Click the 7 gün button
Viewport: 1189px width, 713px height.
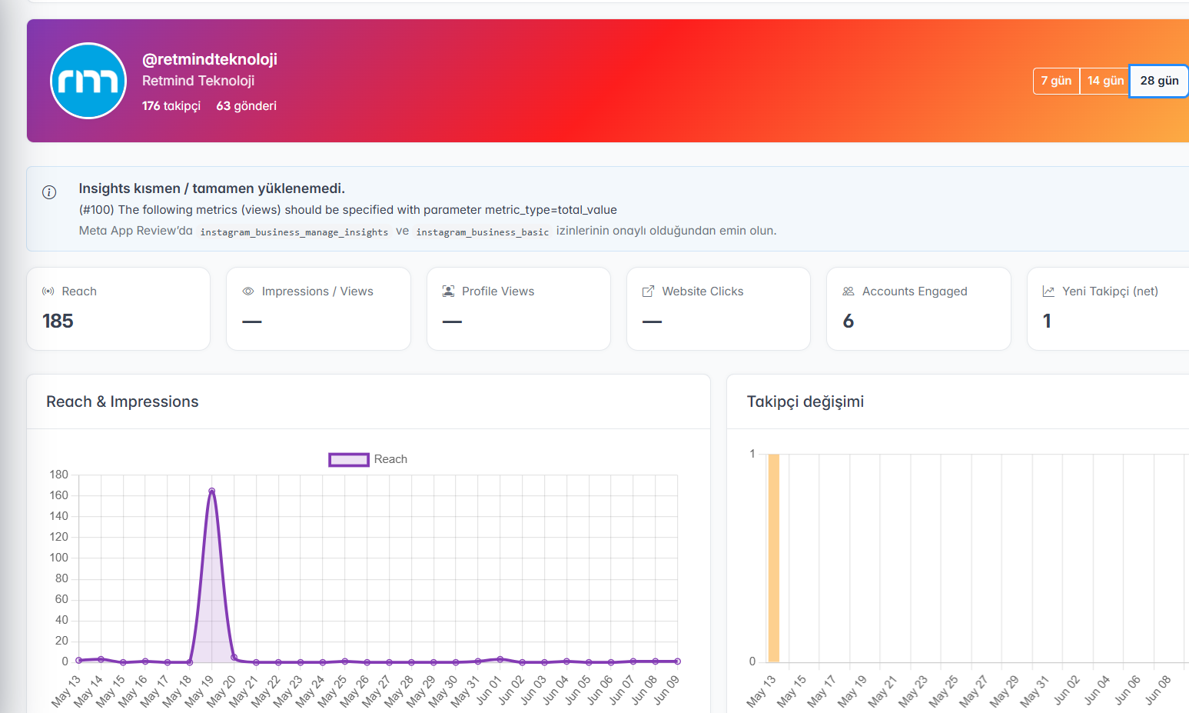[x=1056, y=81]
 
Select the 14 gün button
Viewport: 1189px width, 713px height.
[x=1105, y=81]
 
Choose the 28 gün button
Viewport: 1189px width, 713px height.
[x=1159, y=81]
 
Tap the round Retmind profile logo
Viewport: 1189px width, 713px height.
[x=88, y=81]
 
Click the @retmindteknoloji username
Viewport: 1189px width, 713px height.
[x=210, y=59]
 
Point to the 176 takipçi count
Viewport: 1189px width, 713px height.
[x=171, y=105]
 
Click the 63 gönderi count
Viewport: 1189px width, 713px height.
[x=246, y=105]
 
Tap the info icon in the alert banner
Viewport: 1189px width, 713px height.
[x=49, y=192]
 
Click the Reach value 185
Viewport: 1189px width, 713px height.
[x=58, y=321]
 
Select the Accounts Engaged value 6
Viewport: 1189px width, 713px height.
[x=849, y=321]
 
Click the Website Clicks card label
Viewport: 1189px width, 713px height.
[x=702, y=292]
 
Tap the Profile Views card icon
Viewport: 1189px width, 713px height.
[x=449, y=292]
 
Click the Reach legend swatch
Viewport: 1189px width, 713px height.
[x=349, y=460]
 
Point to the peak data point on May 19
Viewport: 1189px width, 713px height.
[x=212, y=491]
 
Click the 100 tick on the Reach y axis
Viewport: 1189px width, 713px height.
[x=59, y=558]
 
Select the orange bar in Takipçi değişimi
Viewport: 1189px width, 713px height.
[x=773, y=558]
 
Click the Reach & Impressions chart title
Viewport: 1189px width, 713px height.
[x=122, y=401]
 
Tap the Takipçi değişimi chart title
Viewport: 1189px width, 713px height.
[x=805, y=401]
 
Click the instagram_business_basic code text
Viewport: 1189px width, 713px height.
[x=483, y=232]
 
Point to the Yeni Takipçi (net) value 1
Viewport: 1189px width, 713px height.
[x=1047, y=321]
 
